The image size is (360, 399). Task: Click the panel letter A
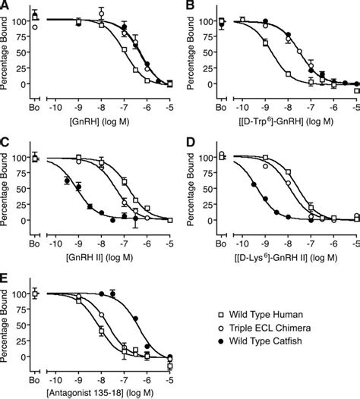(6, 5)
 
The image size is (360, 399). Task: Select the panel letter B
(191, 5)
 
